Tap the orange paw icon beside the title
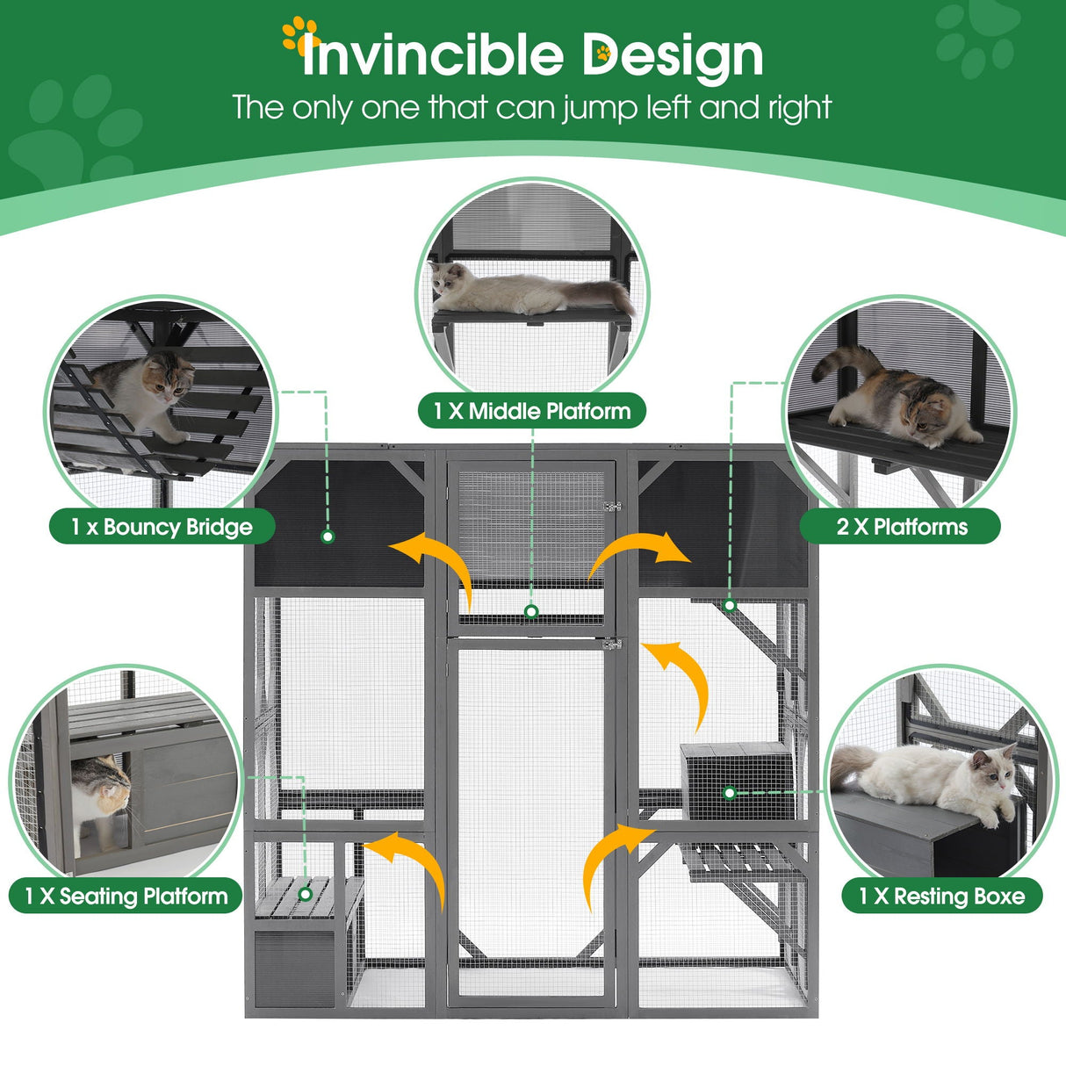[x=299, y=34]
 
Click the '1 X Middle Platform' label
[x=531, y=411]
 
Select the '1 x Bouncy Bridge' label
[x=162, y=527]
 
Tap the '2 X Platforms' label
[x=901, y=527]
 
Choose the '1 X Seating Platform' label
[x=126, y=896]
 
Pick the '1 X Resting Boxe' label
[x=941, y=896]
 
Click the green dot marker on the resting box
[x=729, y=793]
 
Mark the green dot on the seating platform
[x=306, y=894]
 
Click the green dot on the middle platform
[x=531, y=611]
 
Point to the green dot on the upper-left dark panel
[x=328, y=536]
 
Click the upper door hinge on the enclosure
[x=612, y=506]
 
